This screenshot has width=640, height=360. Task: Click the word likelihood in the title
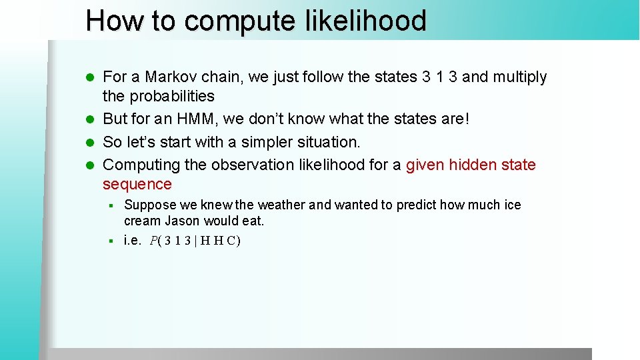(365, 21)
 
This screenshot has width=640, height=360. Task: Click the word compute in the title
(238, 22)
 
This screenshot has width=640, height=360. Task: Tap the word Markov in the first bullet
(174, 77)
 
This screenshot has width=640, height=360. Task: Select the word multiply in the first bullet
(519, 77)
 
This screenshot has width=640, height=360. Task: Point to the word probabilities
(171, 97)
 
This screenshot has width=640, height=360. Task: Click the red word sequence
(137, 185)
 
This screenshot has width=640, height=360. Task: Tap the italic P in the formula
(154, 241)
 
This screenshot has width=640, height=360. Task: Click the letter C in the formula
(231, 241)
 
